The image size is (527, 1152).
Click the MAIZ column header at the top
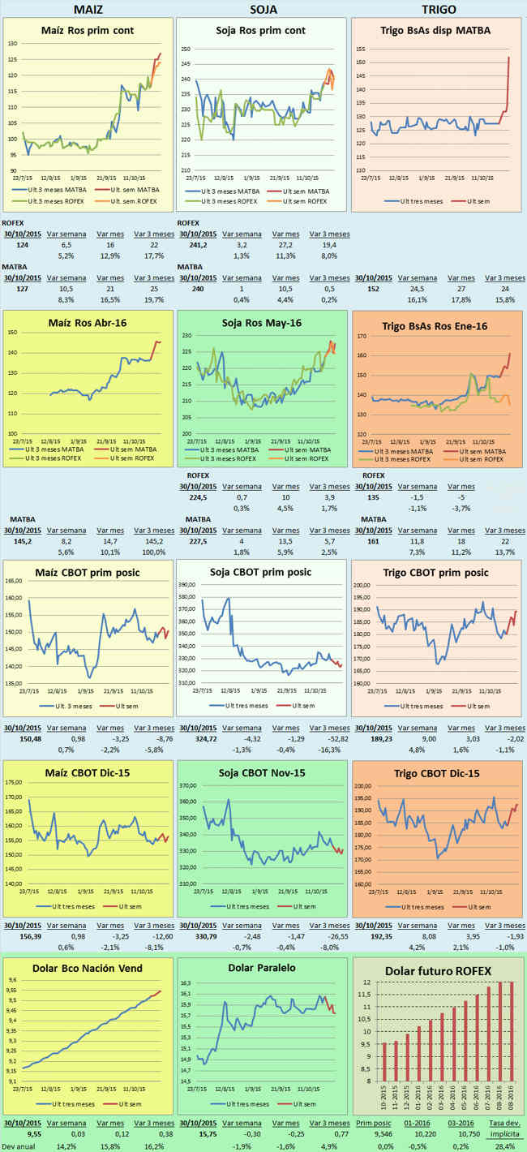coord(88,9)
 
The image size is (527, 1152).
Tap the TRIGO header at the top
coord(439,9)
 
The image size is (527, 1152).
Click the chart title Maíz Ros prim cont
coord(88,30)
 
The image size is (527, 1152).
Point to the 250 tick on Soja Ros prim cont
coord(186,49)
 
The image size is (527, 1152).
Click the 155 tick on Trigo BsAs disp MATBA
coord(360,49)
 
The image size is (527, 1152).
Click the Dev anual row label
coord(19,1146)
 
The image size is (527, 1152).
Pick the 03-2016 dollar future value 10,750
coord(461,1136)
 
